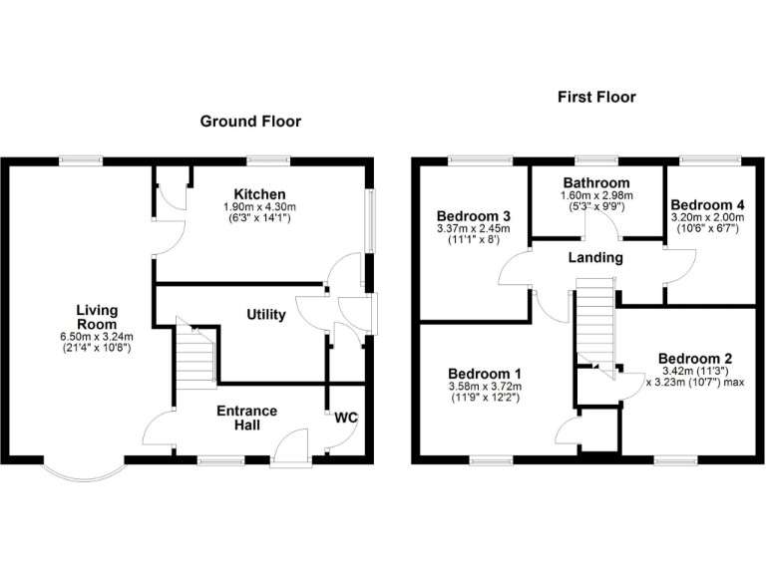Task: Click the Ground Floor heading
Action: [x=250, y=122]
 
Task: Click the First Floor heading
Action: [x=596, y=97]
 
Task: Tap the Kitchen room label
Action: [x=259, y=194]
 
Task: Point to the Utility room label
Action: [x=266, y=315]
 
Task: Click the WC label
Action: [x=346, y=417]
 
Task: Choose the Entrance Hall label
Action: [x=246, y=419]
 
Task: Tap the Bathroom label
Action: [x=596, y=183]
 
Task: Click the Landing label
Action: [x=595, y=257]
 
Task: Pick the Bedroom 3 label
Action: [x=474, y=216]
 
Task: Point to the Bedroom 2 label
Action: [x=695, y=359]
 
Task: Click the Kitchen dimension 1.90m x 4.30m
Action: [x=260, y=206]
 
